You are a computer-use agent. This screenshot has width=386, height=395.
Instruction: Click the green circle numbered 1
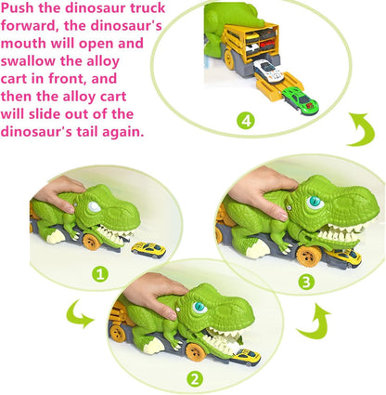pyautogui.click(x=101, y=273)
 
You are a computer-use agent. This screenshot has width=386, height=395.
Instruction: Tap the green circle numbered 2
pyautogui.click(x=195, y=378)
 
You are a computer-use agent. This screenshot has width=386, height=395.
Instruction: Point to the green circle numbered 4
pyautogui.click(x=245, y=120)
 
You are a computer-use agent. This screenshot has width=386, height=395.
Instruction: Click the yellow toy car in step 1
pyautogui.click(x=147, y=248)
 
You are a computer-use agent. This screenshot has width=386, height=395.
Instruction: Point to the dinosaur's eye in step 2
pyautogui.click(x=199, y=307)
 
